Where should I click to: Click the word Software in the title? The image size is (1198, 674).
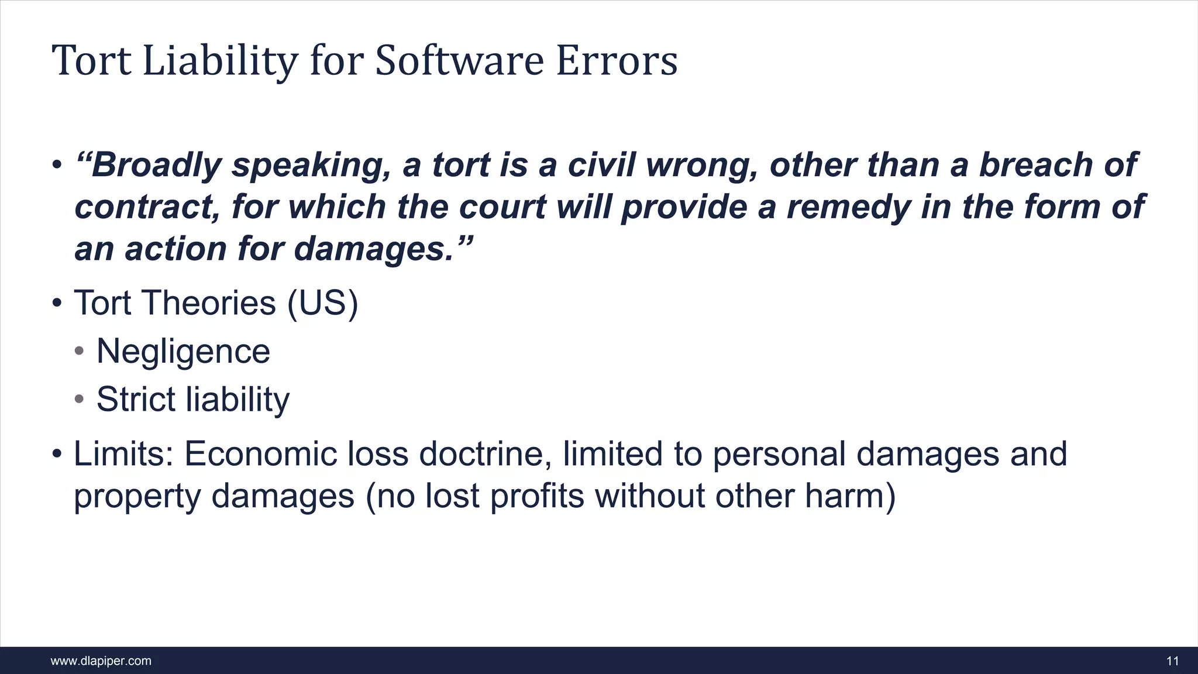click(x=459, y=61)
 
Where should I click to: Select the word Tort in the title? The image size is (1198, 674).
click(x=92, y=61)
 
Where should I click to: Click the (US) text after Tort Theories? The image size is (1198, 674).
click(x=322, y=303)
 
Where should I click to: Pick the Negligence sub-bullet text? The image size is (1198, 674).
click(x=183, y=352)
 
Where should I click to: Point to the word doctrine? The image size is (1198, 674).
click(x=485, y=454)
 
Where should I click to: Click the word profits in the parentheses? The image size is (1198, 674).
click(x=536, y=496)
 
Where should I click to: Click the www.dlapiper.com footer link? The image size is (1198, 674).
click(x=101, y=661)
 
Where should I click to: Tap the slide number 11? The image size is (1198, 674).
click(x=1172, y=661)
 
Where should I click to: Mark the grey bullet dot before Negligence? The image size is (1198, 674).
click(x=80, y=352)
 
